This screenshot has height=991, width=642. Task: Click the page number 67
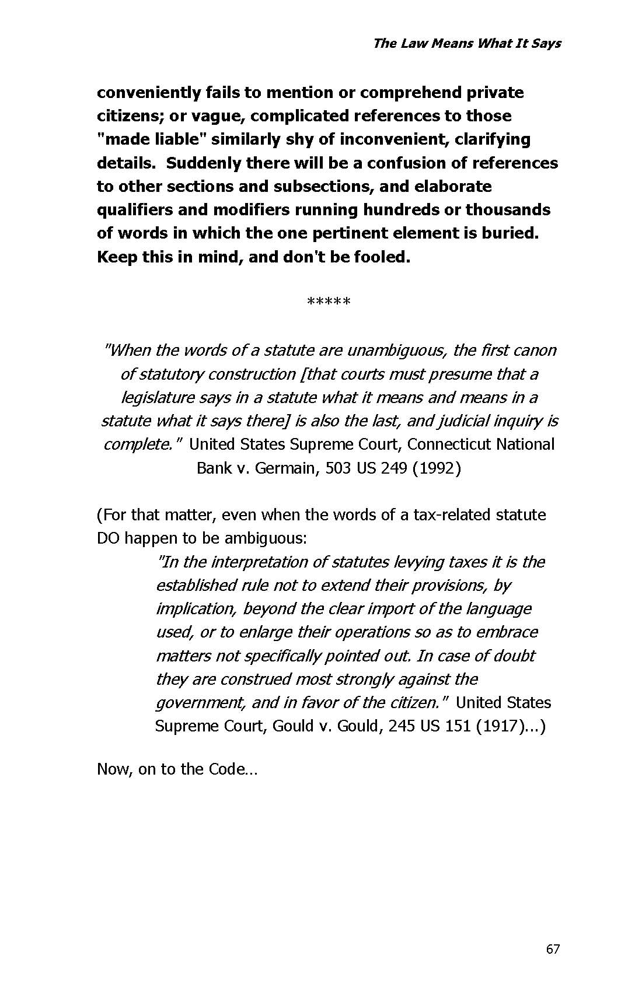tap(553, 949)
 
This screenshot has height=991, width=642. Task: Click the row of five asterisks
tap(328, 302)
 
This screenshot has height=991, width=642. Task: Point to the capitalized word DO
tap(108, 538)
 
